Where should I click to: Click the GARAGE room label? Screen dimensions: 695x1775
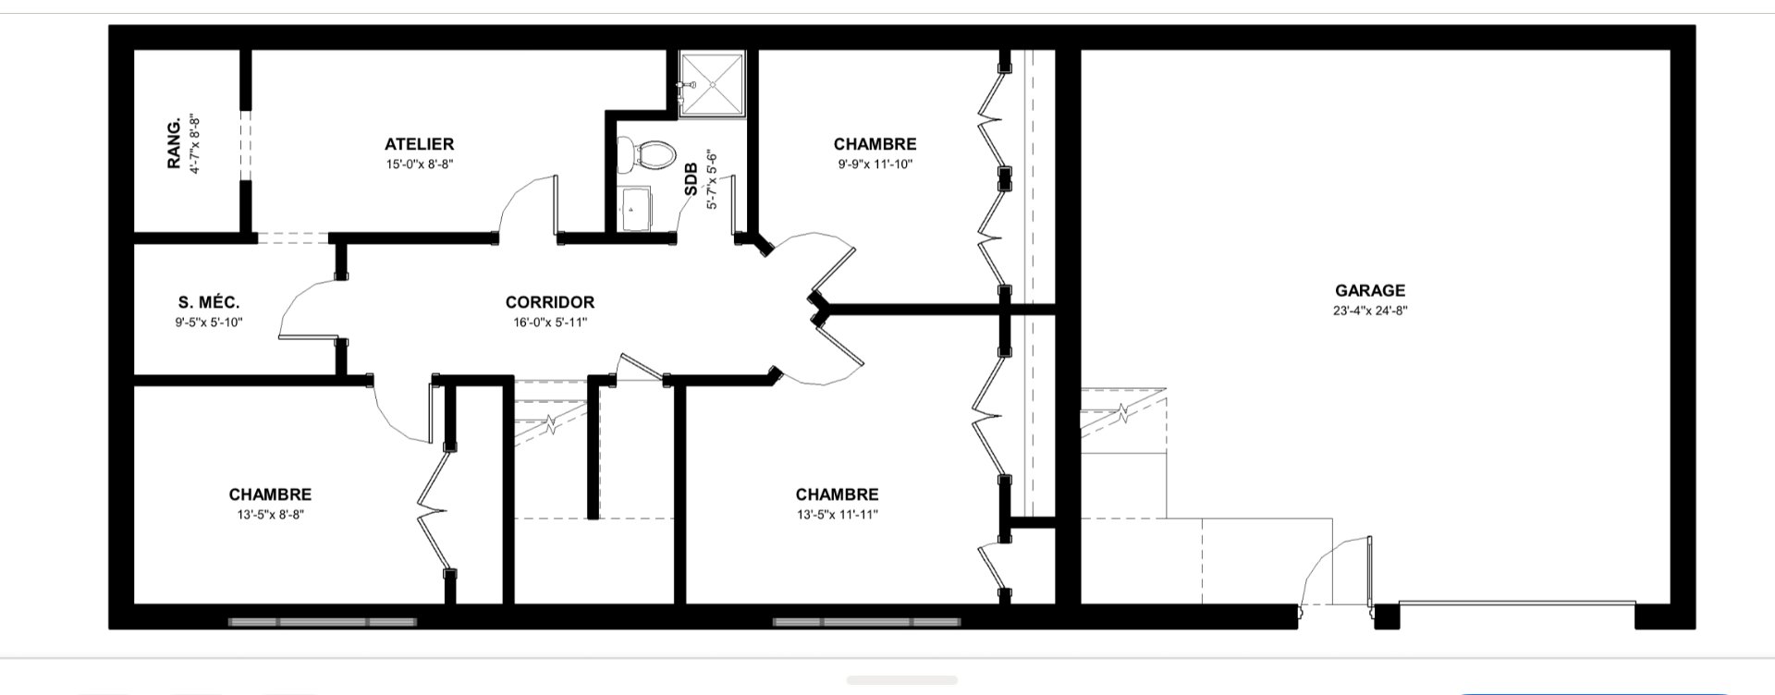[x=1369, y=290]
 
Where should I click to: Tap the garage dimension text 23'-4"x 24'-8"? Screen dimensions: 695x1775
[x=1369, y=311]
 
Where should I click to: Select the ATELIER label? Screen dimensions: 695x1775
[x=419, y=144]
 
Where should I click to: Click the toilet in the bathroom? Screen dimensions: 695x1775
[x=643, y=154]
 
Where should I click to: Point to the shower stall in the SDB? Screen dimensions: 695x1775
[x=713, y=84]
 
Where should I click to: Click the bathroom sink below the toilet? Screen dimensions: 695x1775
[x=634, y=210]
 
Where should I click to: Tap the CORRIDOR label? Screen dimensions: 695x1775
[x=549, y=302]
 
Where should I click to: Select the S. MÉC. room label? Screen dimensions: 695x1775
[x=209, y=302]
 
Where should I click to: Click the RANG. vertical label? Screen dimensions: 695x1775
[x=173, y=144]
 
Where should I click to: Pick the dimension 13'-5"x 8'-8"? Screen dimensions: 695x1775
[x=270, y=515]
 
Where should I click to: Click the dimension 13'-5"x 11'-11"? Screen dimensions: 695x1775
[x=837, y=515]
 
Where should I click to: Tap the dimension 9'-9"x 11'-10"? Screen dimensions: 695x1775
[x=875, y=165]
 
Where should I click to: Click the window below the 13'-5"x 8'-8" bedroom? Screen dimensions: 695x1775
[x=323, y=622]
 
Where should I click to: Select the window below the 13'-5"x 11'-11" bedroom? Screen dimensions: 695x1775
[x=865, y=622]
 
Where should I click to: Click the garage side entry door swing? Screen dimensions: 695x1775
[x=1331, y=571]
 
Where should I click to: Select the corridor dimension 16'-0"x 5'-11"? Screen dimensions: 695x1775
[x=549, y=323]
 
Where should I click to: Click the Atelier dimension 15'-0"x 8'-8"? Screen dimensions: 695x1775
[x=419, y=165]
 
